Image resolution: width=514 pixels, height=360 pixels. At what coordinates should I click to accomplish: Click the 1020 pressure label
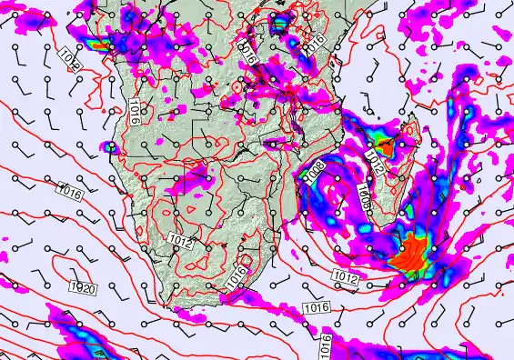point(84,288)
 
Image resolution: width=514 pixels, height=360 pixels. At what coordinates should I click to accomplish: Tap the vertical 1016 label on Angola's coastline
point(134,111)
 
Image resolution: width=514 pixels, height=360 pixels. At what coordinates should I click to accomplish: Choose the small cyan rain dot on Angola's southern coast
point(112,146)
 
